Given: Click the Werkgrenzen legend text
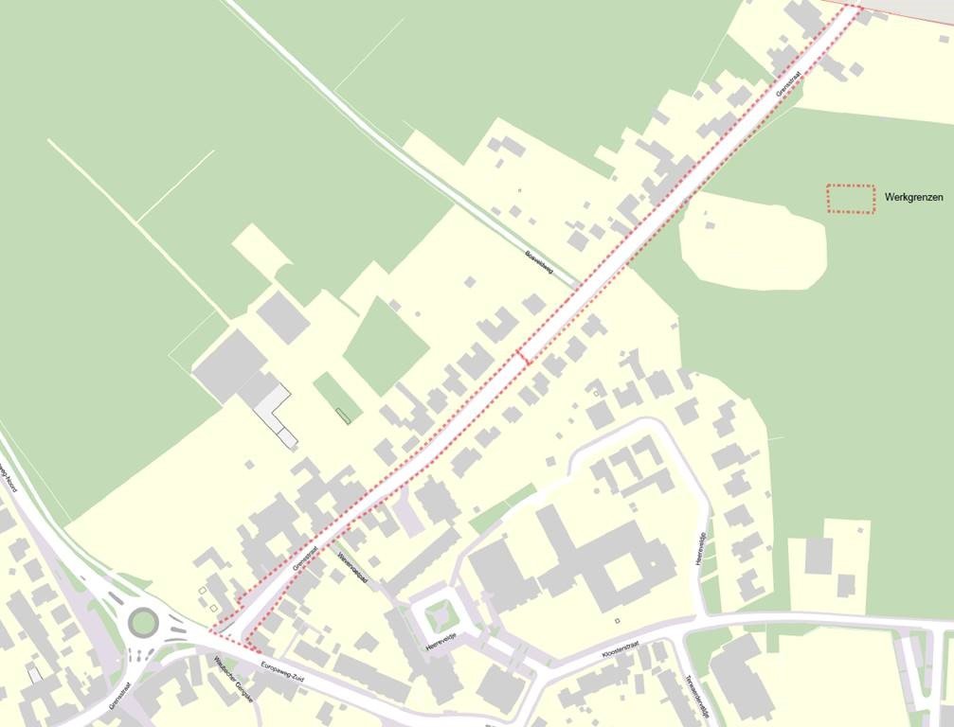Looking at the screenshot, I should [913, 197].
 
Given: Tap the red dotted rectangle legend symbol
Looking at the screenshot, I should [850, 198].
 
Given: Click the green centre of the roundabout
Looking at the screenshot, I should [144, 623].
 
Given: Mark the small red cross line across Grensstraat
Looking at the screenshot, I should [522, 357].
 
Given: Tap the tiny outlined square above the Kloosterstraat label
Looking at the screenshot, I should [617, 621].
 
